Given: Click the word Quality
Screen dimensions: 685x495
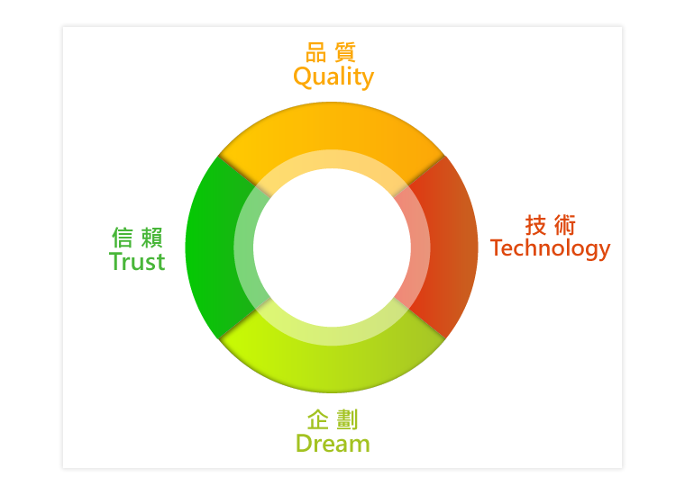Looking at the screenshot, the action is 333,77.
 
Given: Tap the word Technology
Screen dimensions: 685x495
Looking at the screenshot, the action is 550,248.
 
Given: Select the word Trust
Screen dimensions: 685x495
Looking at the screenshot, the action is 137,262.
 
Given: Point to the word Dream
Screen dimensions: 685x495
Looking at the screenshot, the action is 333,444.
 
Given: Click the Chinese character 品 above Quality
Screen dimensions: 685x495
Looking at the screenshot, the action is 315,52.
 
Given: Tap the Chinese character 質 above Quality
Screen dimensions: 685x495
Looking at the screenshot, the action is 345,52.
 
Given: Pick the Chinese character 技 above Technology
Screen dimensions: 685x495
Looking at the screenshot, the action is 535,225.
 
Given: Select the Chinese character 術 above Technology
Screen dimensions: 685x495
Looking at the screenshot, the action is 565,225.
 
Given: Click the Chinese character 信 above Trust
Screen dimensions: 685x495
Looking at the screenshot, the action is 123,238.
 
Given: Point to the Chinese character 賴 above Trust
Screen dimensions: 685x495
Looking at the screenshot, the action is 152,238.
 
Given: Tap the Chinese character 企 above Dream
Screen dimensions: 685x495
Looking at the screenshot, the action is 318,419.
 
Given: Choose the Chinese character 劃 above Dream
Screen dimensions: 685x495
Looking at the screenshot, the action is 347,419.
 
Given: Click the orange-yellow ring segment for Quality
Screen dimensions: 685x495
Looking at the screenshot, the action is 332,127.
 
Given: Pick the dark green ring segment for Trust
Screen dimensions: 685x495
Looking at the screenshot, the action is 211,247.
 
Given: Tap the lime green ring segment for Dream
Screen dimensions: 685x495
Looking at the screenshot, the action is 332,367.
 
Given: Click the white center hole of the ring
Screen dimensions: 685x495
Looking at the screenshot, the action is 332,247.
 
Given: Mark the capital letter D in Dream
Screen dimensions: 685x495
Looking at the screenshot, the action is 304,444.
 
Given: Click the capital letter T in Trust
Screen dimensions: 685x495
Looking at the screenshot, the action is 116,261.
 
